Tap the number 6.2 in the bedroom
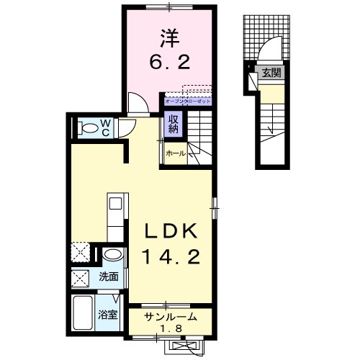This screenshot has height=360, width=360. (170, 63)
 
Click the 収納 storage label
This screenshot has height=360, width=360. (174, 124)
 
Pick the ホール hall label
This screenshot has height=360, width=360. (175, 153)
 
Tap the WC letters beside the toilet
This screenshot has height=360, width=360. (105, 127)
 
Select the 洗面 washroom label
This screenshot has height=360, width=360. (109, 276)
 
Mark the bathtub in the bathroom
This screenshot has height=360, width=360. (84, 315)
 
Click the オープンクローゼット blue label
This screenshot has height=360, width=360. (187, 101)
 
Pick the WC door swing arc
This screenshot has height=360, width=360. (127, 127)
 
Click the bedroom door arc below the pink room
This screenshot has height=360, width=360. (136, 101)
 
